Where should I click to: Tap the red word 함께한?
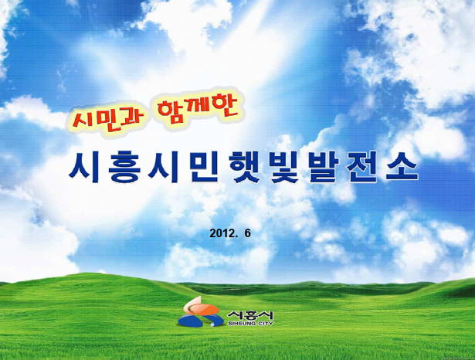pos(197,110)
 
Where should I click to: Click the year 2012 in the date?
pos(222,233)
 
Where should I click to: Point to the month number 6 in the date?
pos(248,233)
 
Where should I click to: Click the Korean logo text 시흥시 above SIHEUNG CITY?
pos(250,315)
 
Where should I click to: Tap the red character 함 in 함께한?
pos(169,111)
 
